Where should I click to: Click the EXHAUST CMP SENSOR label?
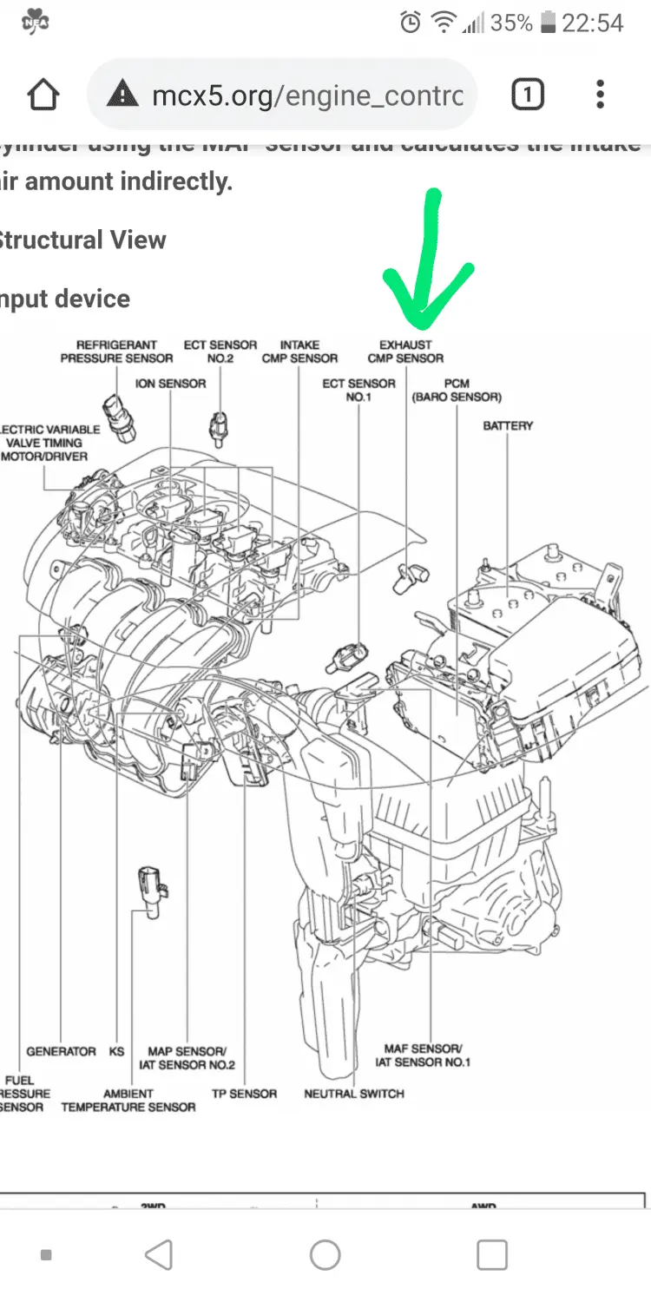pos(405,352)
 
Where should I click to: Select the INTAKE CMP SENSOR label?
pos(299,352)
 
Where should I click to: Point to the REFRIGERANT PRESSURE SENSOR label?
pos(116,352)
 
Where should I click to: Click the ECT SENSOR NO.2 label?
pos(220,352)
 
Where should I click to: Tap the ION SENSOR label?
pos(170,383)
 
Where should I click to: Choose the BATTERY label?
pos(508,425)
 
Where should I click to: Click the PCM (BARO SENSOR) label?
pos(457,390)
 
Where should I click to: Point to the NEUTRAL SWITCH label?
pos(354,1093)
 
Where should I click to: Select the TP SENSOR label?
pos(244,1093)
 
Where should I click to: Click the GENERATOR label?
pos(61,1051)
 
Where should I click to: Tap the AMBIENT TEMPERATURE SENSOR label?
pos(128,1100)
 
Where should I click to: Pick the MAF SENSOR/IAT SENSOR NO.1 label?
pos(423,1055)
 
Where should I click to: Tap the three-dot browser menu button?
pos(600,95)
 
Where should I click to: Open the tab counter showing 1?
pos(528,95)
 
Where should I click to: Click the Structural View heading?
pos(83,240)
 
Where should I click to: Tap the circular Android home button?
pos(325,1254)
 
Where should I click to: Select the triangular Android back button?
pos(159,1254)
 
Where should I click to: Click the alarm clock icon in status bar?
pos(411,23)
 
